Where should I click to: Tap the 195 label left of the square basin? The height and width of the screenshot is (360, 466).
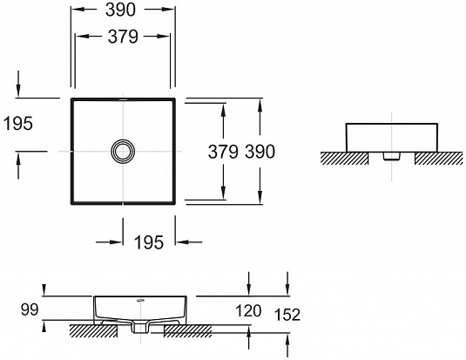pyautogui.click(x=17, y=124)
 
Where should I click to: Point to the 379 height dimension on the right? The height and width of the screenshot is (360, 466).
pyautogui.click(x=224, y=150)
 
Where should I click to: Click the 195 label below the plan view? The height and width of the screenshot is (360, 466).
pyautogui.click(x=149, y=243)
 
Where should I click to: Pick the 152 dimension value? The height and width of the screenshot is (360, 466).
pyautogui.click(x=287, y=315)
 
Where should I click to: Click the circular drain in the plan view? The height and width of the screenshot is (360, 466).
pyautogui.click(x=123, y=151)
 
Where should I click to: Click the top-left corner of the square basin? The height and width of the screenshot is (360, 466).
pyautogui.click(x=71, y=99)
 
